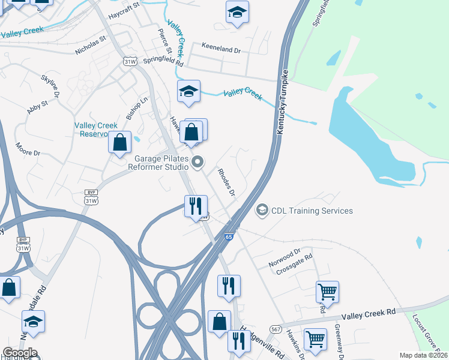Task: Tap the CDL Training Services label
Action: [312, 211]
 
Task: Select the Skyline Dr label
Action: [50, 86]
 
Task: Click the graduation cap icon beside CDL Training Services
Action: [262, 210]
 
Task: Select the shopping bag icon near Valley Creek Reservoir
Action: [120, 142]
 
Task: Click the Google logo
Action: [20, 353]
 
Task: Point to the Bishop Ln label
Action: [137, 108]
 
